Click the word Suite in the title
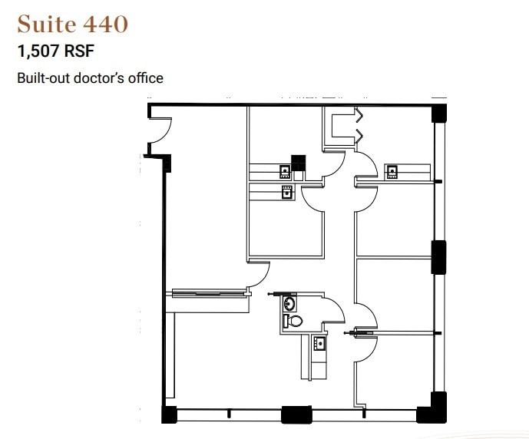pyautogui.click(x=47, y=24)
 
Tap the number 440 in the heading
pyautogui.click(x=106, y=24)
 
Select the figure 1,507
pyautogui.click(x=39, y=51)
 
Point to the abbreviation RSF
pyautogui.click(x=79, y=51)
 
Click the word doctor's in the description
pyautogui.click(x=100, y=78)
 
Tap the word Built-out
pyautogui.click(x=44, y=78)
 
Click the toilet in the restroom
pyautogui.click(x=293, y=321)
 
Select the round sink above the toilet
pyautogui.click(x=289, y=303)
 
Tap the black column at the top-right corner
pyautogui.click(x=439, y=113)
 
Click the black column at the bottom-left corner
pyautogui.click(x=169, y=414)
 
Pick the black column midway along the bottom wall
pyautogui.click(x=296, y=414)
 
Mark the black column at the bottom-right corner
pyautogui.click(x=432, y=408)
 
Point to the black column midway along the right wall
pyautogui.click(x=438, y=257)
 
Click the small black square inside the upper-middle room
pyautogui.click(x=298, y=163)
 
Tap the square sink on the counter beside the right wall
pyautogui.click(x=392, y=172)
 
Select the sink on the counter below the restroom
pyautogui.click(x=319, y=343)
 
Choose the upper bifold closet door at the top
pyautogui.click(x=359, y=115)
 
